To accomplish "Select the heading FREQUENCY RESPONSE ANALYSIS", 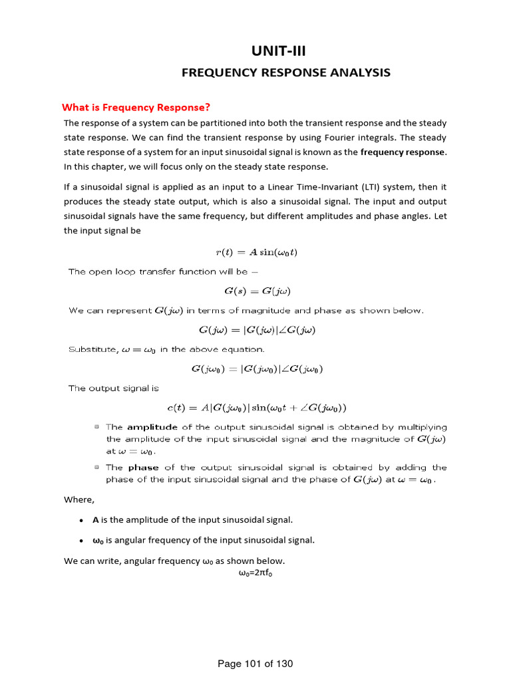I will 286,72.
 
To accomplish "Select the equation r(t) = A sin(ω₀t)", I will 255,251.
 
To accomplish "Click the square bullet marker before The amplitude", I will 97,427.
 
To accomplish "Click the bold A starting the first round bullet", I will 95,519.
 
